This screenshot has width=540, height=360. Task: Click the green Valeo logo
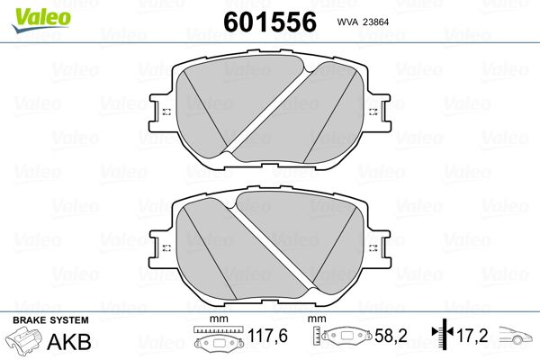click(x=41, y=20)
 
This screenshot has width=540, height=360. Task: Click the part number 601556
click(x=270, y=22)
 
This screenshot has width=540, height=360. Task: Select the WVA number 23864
click(x=373, y=22)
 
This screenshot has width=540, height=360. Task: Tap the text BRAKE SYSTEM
click(x=50, y=320)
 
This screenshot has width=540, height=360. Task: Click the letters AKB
click(x=69, y=342)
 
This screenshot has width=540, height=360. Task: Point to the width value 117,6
click(x=267, y=336)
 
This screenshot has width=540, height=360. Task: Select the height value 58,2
click(x=391, y=336)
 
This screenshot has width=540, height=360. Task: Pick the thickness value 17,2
click(x=472, y=336)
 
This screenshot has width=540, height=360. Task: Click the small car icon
click(x=516, y=335)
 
